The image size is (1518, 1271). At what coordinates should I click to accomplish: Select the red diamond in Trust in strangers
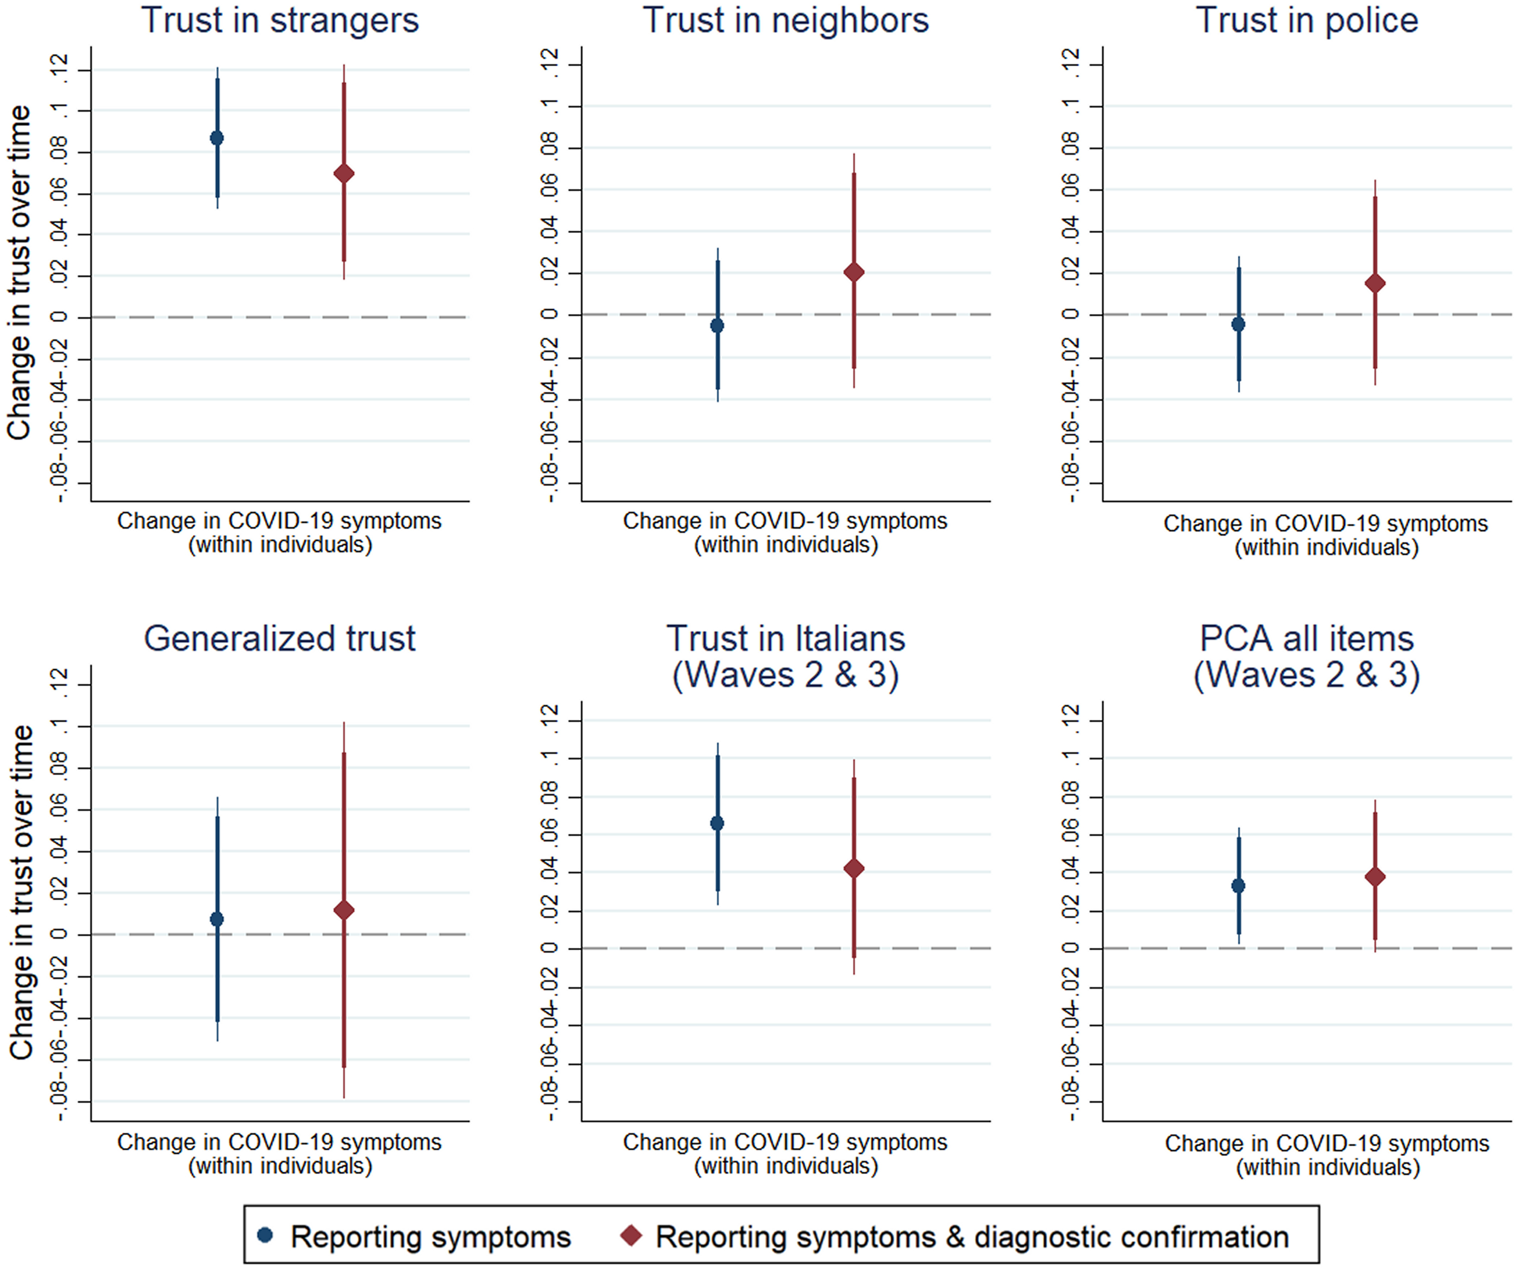[x=344, y=173]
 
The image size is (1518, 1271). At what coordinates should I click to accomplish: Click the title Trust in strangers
[x=280, y=20]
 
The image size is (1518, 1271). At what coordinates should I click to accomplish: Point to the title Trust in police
[x=1307, y=20]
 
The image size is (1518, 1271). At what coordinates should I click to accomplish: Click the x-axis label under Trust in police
[x=1326, y=535]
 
